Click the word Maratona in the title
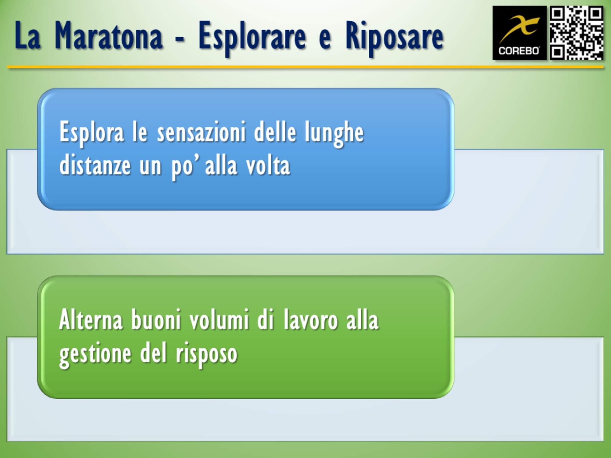click(109, 36)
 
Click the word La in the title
click(27, 36)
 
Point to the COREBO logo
click(519, 33)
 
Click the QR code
click(576, 33)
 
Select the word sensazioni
click(201, 132)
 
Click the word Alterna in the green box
click(91, 320)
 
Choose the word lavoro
click(310, 320)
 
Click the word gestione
click(95, 354)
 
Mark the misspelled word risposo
click(206, 354)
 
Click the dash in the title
click(180, 39)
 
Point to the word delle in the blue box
click(275, 132)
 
